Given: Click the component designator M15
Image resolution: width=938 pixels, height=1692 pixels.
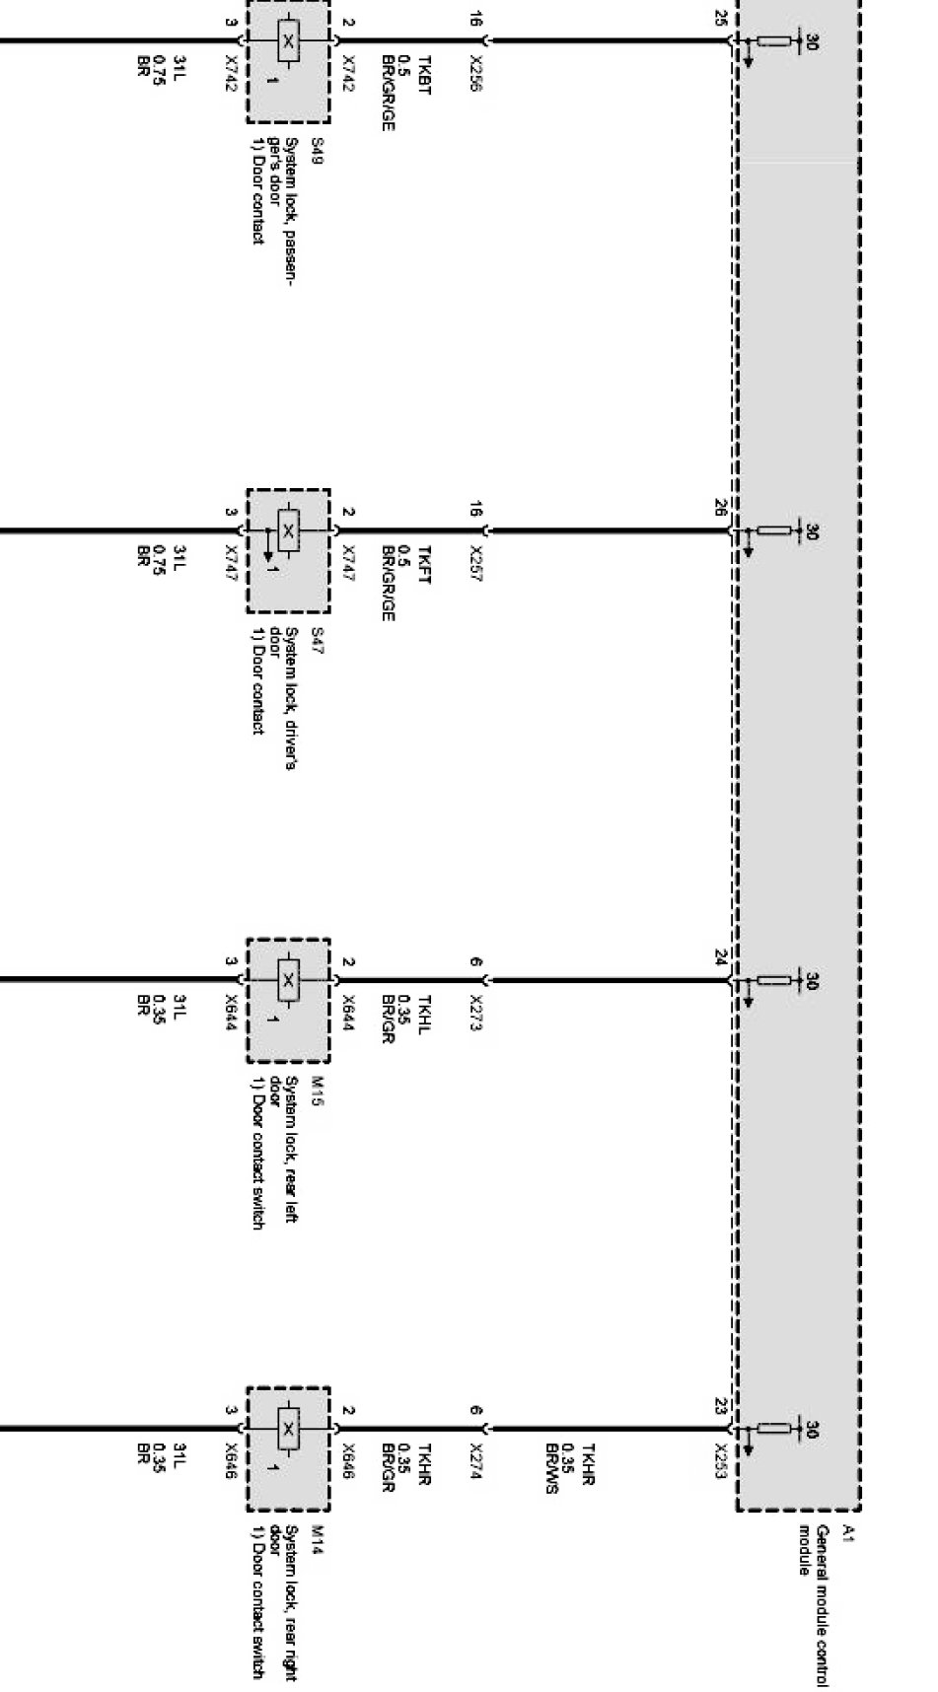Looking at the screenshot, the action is [x=317, y=1090].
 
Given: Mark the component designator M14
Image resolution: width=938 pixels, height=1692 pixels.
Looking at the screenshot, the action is [x=317, y=1538].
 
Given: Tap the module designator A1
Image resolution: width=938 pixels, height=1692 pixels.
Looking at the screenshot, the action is [x=847, y=1533].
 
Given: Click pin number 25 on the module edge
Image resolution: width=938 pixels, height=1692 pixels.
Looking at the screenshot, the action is [x=722, y=18].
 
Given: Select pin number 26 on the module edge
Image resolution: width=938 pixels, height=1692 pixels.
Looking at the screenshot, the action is [x=722, y=508].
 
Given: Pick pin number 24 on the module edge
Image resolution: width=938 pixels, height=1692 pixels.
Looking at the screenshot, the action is [x=722, y=956].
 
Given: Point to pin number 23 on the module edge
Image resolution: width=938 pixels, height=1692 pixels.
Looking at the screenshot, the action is [x=722, y=1407].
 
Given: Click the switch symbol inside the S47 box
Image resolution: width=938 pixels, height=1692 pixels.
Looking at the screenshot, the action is [x=287, y=531].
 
